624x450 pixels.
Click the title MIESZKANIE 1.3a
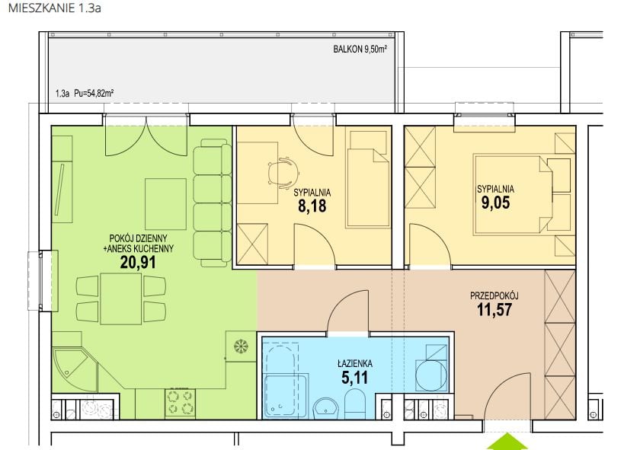(55, 8)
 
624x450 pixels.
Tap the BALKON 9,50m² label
(360, 49)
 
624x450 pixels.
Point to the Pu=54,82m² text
(94, 94)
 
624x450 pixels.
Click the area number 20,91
(138, 262)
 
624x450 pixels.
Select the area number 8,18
(312, 206)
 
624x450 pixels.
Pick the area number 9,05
(495, 203)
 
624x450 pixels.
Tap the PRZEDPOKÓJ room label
(494, 295)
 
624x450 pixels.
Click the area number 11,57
(494, 310)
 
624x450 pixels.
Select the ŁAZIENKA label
(355, 363)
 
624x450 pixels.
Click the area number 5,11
(355, 378)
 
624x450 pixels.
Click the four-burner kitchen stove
(181, 403)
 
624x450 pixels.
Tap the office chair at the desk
(283, 173)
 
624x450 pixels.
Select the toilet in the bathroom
(354, 404)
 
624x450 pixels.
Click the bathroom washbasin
(325, 408)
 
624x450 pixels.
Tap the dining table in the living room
(121, 298)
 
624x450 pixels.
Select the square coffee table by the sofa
(165, 204)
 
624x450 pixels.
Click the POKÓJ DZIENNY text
(138, 238)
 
